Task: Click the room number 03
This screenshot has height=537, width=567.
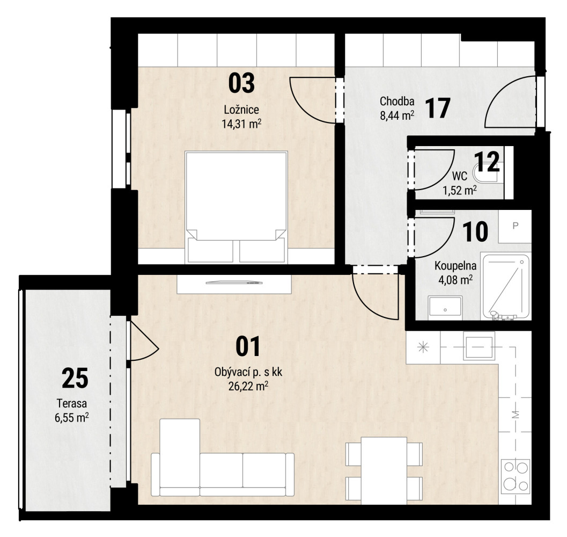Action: (241, 83)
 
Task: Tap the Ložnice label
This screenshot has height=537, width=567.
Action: (241, 110)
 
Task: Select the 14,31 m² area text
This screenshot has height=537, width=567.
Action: (241, 124)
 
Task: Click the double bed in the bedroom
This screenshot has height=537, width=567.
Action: (236, 207)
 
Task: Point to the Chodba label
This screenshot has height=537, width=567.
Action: (397, 101)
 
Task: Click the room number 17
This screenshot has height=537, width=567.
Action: (438, 108)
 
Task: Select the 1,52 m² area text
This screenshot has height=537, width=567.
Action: (460, 190)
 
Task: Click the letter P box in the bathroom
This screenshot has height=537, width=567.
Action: (516, 226)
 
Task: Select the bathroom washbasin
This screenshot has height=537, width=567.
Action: (445, 308)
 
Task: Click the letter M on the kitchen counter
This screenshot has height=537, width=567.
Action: (516, 415)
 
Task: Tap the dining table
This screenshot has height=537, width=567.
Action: (384, 470)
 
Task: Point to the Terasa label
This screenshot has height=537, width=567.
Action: (71, 403)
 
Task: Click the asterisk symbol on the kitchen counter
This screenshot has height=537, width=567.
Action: (423, 347)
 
